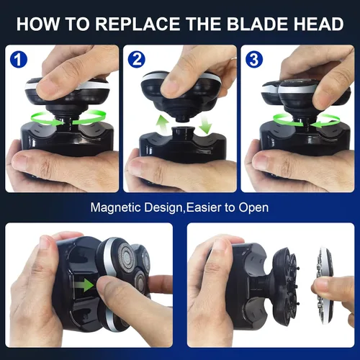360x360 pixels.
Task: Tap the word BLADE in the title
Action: tap(258, 24)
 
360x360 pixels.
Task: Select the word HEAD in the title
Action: tap(319, 24)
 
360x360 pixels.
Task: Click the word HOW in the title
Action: tap(38, 24)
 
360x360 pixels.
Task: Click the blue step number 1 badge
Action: tap(19, 59)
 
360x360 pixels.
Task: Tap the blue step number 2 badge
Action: tap(136, 59)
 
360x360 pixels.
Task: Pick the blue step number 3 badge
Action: tap(254, 59)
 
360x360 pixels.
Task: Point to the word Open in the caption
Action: tap(253, 208)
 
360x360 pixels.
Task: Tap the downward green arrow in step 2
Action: tap(206, 124)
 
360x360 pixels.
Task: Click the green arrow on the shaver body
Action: tap(84, 285)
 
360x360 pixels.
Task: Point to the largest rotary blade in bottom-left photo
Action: tap(125, 257)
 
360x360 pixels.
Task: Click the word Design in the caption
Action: tap(164, 207)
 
